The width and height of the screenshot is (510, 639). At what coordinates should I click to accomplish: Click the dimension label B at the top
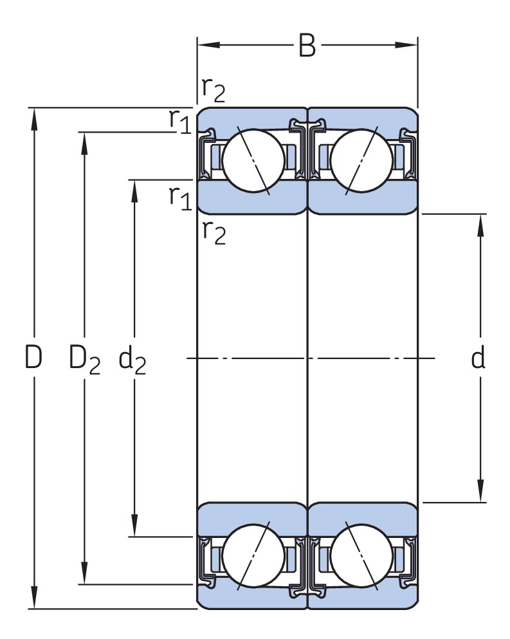pyautogui.click(x=307, y=46)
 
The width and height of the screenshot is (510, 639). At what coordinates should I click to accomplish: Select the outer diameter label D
pyautogui.click(x=33, y=358)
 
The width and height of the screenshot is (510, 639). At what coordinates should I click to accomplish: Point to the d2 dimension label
pyautogui.click(x=133, y=360)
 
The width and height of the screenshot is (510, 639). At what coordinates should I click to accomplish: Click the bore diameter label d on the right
pyautogui.click(x=477, y=358)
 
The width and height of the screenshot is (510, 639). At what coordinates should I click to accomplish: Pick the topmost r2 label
pyautogui.click(x=214, y=89)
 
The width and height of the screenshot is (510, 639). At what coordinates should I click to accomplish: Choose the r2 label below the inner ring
pyautogui.click(x=214, y=231)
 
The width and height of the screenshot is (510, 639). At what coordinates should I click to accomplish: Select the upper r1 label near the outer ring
pyautogui.click(x=180, y=120)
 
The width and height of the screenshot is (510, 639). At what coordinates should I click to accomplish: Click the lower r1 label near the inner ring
pyautogui.click(x=180, y=198)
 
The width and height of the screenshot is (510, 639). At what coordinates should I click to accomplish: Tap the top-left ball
pyautogui.click(x=253, y=160)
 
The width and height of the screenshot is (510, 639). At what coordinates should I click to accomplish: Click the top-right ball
pyautogui.click(x=361, y=160)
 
